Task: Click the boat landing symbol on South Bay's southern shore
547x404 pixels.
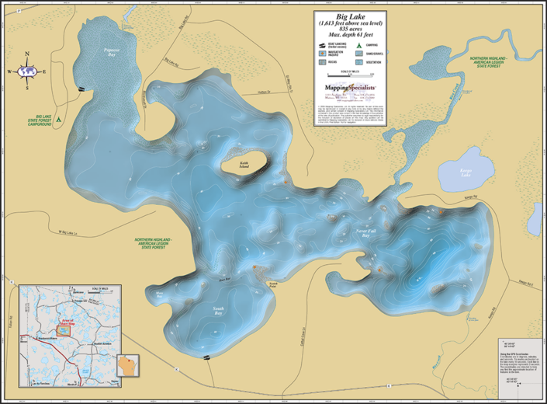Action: tap(206, 357)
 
